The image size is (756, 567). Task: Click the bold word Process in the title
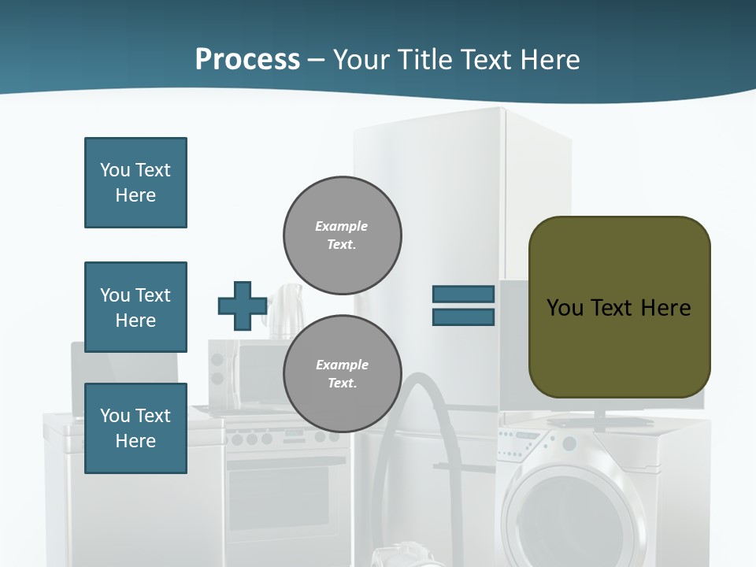click(247, 60)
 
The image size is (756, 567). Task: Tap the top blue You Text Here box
click(135, 183)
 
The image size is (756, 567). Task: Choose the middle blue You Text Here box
click(135, 307)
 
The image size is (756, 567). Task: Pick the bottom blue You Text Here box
click(135, 428)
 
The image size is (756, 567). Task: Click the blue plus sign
click(243, 306)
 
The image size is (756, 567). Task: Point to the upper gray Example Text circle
click(342, 235)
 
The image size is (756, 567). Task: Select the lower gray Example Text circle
click(342, 373)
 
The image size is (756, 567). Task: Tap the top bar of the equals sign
click(463, 294)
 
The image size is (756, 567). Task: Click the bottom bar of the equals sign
click(463, 317)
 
